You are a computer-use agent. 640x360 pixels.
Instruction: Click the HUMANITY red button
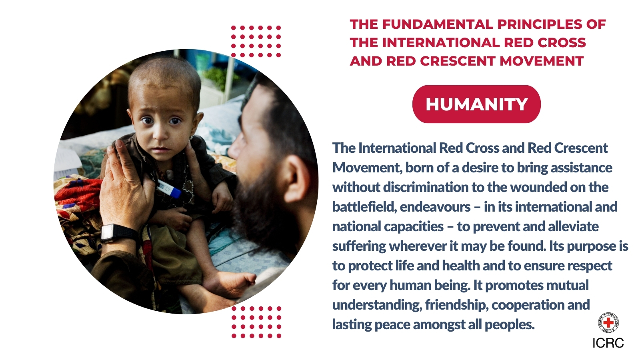(x=476, y=104)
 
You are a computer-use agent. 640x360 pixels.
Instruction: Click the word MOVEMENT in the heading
(x=542, y=61)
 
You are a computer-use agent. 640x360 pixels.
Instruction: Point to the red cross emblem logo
(x=608, y=322)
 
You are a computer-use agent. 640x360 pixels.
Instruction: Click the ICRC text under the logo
(x=608, y=343)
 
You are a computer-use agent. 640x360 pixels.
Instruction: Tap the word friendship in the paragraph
(x=456, y=305)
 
